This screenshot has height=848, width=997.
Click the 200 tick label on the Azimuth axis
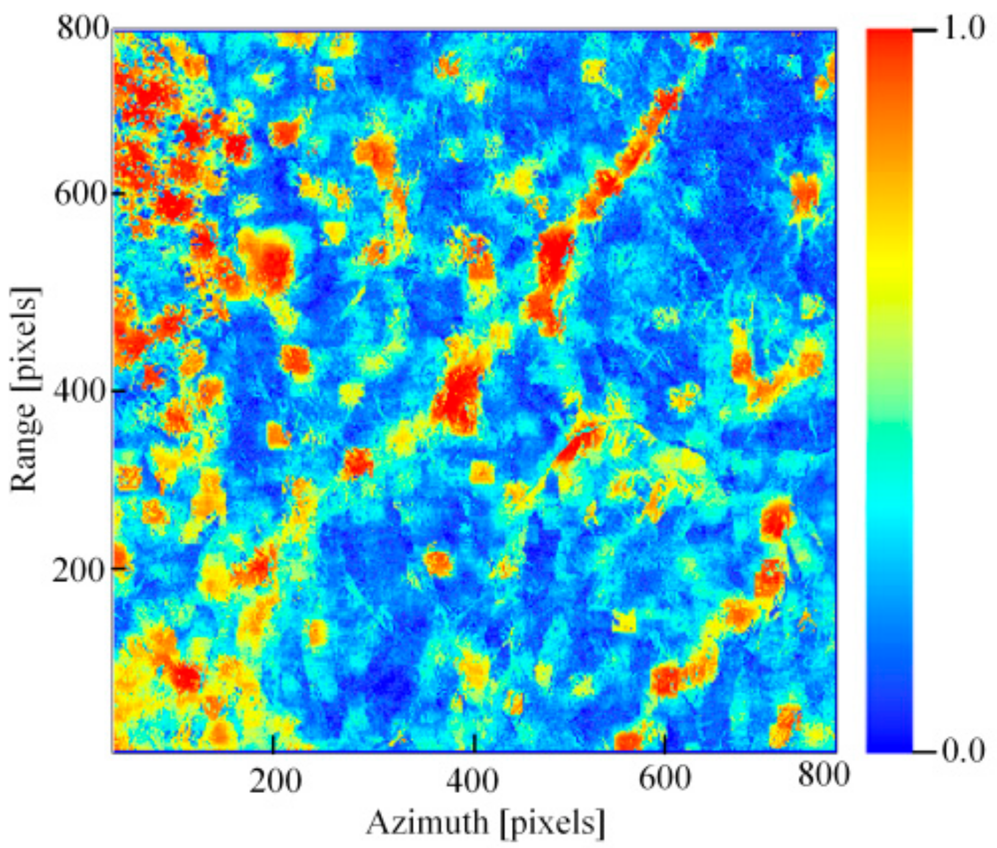pyautogui.click(x=275, y=781)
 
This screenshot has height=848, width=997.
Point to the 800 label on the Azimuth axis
pyautogui.click(x=824, y=775)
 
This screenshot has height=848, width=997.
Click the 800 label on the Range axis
pyautogui.click(x=84, y=28)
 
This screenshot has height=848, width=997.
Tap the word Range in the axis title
pyautogui.click(x=24, y=446)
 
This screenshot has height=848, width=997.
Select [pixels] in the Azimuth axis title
pyautogui.click(x=552, y=824)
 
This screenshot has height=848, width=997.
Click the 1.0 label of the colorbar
pyautogui.click(x=963, y=28)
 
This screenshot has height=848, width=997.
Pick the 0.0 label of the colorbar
pyautogui.click(x=963, y=750)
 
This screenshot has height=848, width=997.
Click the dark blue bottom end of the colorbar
pyautogui.click(x=889, y=742)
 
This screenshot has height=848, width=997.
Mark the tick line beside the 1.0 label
pyautogui.click(x=924, y=29)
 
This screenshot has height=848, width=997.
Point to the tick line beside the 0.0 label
pyautogui.click(x=924, y=750)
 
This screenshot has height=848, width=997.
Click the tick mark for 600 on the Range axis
pyautogui.click(x=119, y=194)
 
